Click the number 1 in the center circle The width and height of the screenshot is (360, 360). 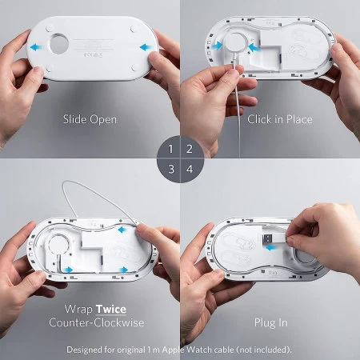click(170, 149)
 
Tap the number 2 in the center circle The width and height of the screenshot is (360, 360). click(190, 149)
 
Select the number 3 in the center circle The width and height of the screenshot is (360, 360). click(171, 169)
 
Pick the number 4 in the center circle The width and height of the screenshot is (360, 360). click(190, 169)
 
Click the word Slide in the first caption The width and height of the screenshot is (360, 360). click(74, 119)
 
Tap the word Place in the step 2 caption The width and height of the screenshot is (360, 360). click(299, 119)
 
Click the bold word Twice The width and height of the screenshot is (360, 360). click(111, 310)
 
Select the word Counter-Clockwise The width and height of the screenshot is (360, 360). click(97, 322)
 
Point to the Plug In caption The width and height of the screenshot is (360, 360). click(271, 323)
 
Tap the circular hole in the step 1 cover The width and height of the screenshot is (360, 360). click(59, 43)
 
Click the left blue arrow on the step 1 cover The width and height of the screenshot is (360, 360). click(36, 47)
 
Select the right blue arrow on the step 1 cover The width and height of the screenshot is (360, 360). click(146, 47)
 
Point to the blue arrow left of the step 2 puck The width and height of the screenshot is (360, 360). click(217, 46)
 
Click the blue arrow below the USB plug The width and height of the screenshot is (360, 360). click(271, 248)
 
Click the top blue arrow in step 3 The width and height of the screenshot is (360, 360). click(122, 230)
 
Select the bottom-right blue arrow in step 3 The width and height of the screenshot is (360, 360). click(123, 270)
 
